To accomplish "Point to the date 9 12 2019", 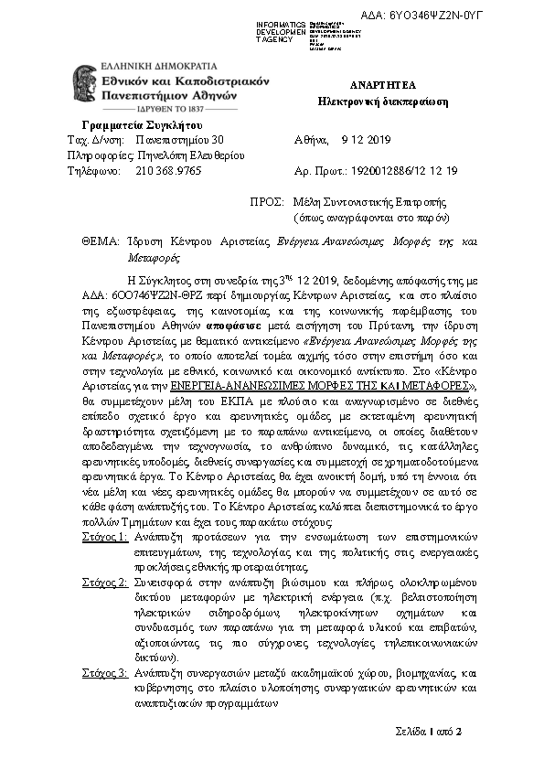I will (365, 140).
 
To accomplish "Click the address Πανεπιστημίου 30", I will (178, 140).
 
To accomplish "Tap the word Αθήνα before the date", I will (311, 140).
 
